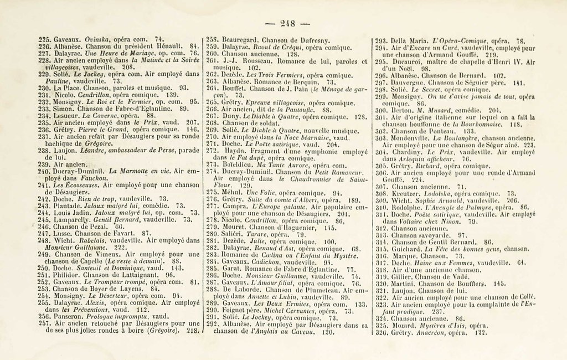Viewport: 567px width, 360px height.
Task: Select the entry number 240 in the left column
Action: click(x=45, y=172)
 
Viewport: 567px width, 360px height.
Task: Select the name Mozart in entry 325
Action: click(x=403, y=326)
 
